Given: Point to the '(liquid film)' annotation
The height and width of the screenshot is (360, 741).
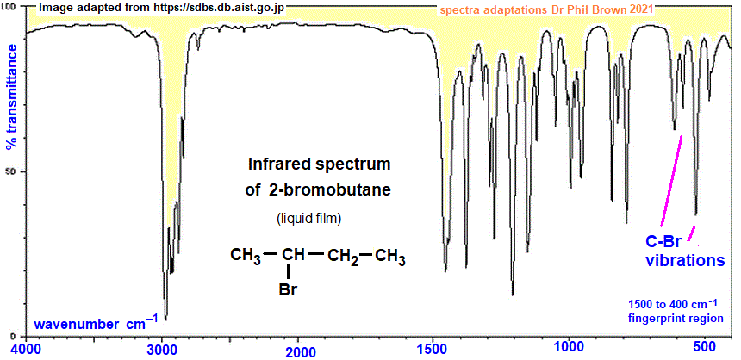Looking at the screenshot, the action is pos(308,220).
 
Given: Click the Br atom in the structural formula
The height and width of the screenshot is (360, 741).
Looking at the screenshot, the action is pos(289,289).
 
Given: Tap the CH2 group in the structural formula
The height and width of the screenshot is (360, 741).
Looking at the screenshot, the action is pos(343,257).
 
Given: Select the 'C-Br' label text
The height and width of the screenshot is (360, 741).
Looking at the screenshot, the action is pos(663,243).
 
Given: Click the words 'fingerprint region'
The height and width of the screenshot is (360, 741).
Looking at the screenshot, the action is pos(676,319).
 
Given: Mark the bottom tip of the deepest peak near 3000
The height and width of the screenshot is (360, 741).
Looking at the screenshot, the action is pos(165,320).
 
